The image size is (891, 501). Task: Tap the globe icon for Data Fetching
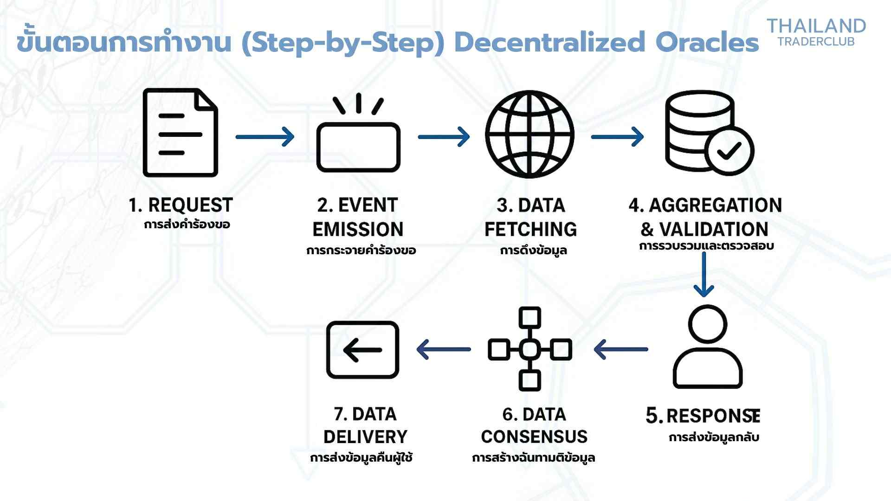tap(529, 135)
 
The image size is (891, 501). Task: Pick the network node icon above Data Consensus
tap(530, 349)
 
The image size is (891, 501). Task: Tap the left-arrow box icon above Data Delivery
tap(363, 350)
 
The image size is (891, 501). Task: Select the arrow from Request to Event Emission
tap(265, 137)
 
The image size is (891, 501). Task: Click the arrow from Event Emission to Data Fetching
tap(444, 137)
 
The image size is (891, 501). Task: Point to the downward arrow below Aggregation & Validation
tap(704, 275)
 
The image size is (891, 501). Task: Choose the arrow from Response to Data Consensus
tap(621, 349)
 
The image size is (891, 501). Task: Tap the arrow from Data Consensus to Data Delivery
tap(444, 349)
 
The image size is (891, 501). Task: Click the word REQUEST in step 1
tap(190, 205)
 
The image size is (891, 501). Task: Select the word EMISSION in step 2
tap(358, 229)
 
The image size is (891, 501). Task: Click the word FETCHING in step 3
tap(530, 229)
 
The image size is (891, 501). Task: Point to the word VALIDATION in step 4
tap(714, 229)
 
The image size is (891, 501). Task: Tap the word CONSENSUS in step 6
tap(534, 437)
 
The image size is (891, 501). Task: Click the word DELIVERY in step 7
tap(365, 437)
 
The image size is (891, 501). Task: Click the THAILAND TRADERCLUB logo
tap(816, 32)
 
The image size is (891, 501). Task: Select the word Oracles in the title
tap(707, 42)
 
